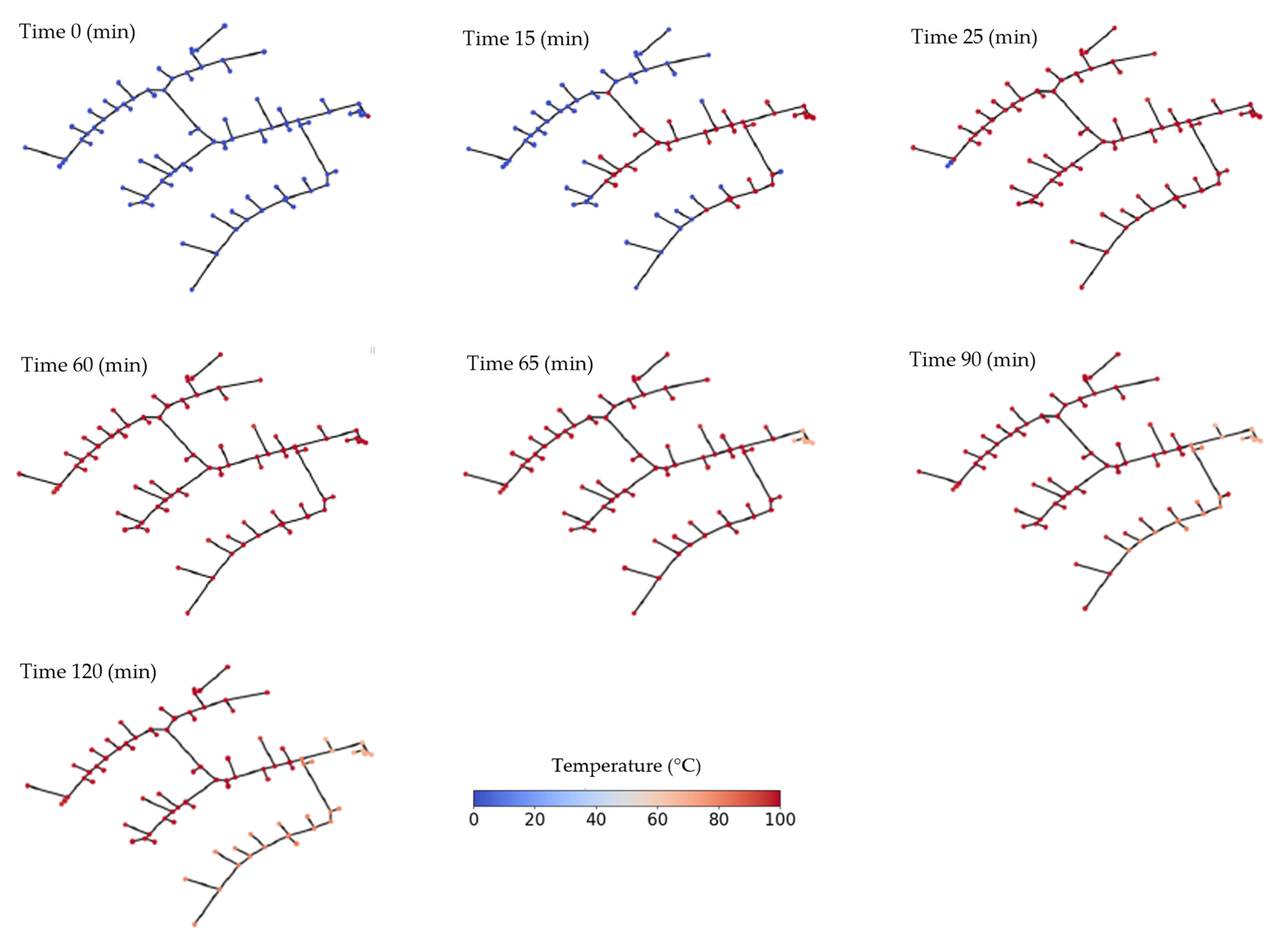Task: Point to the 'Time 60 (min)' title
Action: coord(84,365)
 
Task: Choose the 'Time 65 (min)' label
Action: coord(530,363)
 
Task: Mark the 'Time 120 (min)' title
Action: coord(88,671)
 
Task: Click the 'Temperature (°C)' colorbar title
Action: coord(626,766)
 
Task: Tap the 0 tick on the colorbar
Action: coord(473,820)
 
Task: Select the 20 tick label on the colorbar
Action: coord(534,820)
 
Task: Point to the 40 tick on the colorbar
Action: coord(596,820)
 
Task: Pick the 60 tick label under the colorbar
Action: coord(657,820)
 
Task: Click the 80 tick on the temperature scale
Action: coord(719,820)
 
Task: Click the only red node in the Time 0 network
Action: coord(368,116)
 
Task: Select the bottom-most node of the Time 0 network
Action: coord(192,290)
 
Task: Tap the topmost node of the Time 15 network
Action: coord(668,29)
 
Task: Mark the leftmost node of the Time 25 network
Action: coord(913,148)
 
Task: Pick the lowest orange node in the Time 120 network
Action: coord(195,925)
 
